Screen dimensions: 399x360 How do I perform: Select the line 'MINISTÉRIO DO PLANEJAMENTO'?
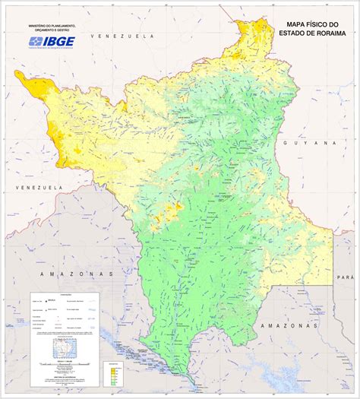point(52,25)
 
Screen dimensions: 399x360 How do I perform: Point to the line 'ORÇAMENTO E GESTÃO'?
point(52,30)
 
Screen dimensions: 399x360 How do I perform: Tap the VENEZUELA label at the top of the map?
point(119,36)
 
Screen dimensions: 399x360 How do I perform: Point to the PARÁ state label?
point(347,277)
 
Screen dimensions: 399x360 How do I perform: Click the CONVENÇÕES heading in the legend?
point(65,296)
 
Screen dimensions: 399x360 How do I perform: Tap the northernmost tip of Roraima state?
point(246,21)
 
